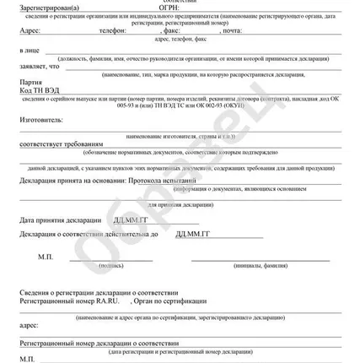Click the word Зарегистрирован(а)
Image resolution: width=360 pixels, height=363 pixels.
(49, 9)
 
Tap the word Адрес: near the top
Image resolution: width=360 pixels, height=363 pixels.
(29, 30)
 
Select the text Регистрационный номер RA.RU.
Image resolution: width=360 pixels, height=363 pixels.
(71, 300)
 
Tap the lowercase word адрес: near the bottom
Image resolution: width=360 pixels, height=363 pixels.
(28, 323)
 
